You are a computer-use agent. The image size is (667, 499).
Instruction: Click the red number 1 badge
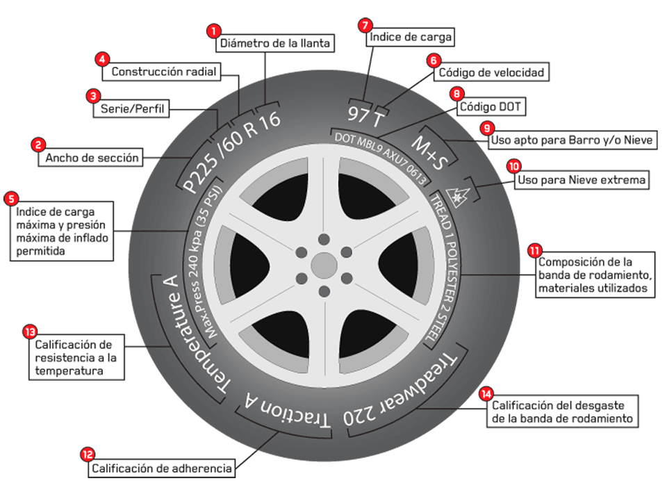click(214, 31)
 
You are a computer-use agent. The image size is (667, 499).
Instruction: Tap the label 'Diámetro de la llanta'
click(276, 43)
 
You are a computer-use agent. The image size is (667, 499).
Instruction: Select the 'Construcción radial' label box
click(164, 72)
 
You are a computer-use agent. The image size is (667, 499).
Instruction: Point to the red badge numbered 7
click(364, 24)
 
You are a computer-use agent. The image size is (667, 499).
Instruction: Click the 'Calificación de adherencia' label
click(162, 468)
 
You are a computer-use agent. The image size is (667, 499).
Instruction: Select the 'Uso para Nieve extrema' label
click(581, 181)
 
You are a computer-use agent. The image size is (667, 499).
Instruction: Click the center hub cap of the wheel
click(323, 265)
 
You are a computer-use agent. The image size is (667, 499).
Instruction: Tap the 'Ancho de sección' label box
click(92, 158)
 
